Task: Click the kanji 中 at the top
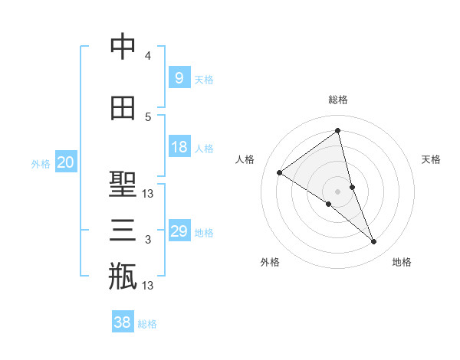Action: [123, 47]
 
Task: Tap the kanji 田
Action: [123, 108]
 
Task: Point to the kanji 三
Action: [123, 230]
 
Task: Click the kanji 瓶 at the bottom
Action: [123, 276]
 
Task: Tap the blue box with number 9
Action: [179, 77]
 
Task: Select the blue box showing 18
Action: [179, 147]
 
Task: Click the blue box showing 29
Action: [179, 231]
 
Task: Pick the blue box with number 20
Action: [66, 162]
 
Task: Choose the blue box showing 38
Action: [123, 322]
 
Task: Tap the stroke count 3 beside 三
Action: [148, 240]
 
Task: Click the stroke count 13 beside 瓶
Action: [149, 286]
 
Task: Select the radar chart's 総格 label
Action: [338, 100]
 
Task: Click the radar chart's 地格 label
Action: [402, 262]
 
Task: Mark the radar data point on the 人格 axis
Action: [280, 172]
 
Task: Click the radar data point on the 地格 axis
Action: [374, 242]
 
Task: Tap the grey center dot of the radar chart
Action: [337, 191]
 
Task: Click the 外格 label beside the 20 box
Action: [41, 163]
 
